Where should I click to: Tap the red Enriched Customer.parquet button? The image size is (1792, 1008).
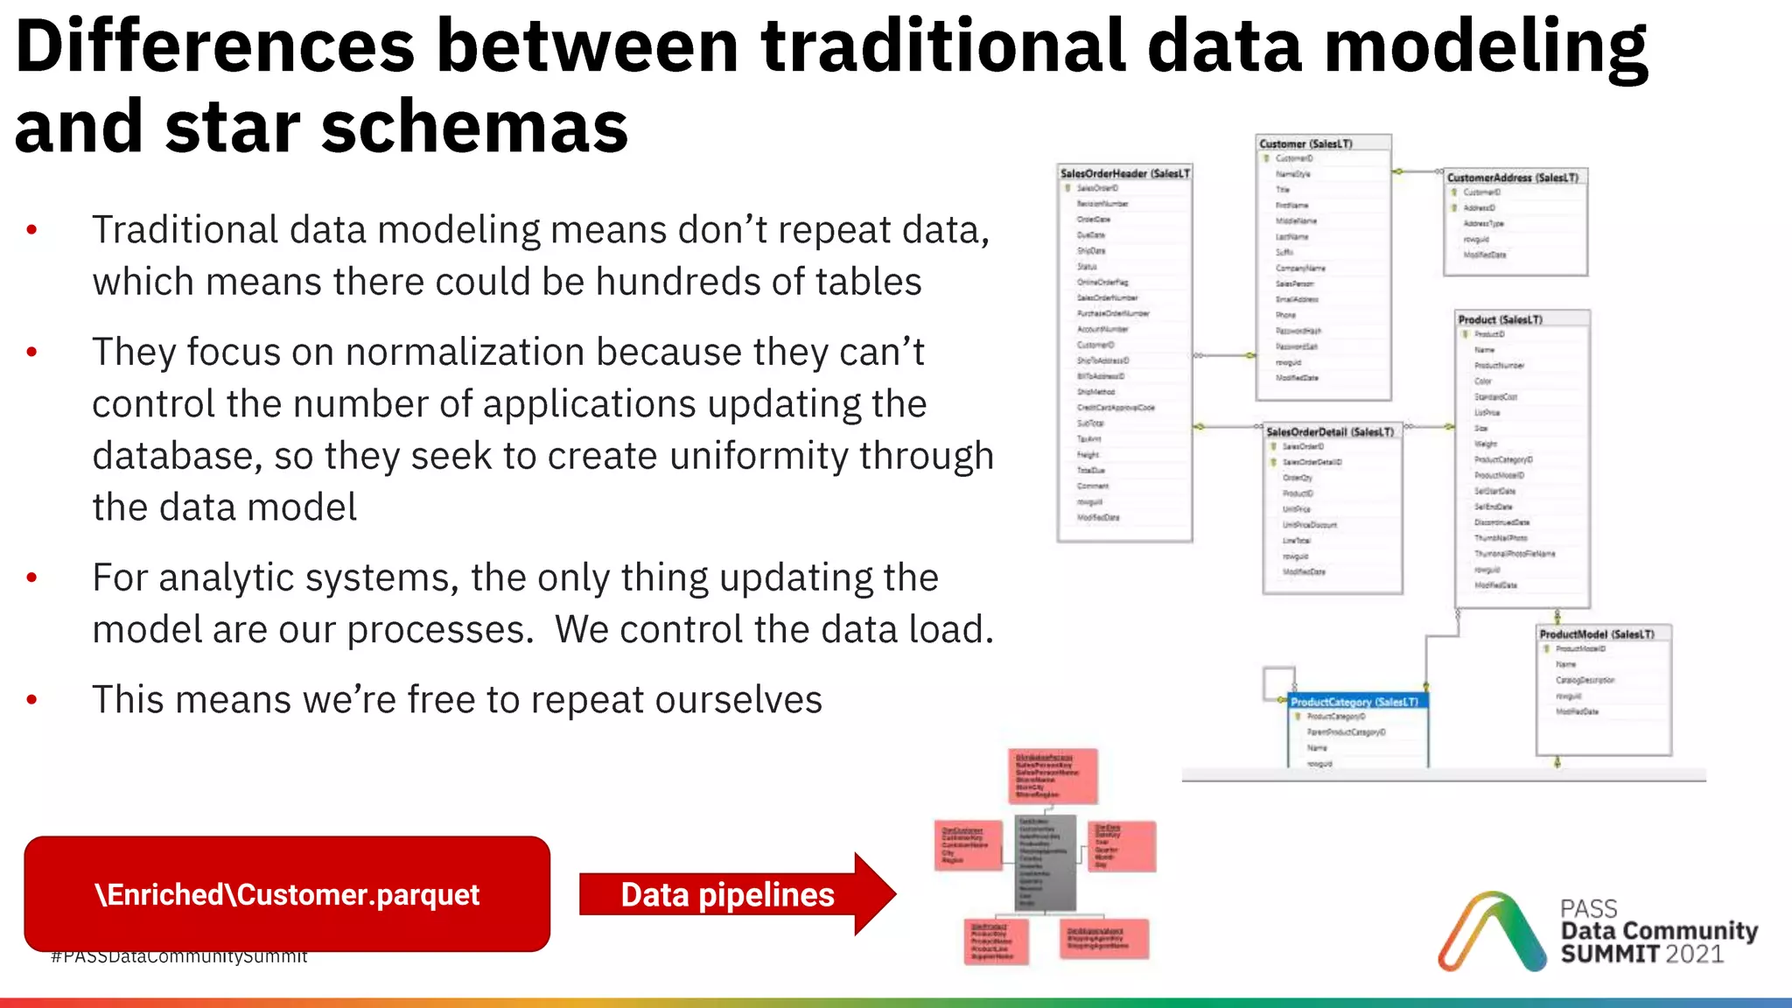pyautogui.click(x=287, y=893)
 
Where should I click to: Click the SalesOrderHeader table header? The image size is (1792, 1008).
pyautogui.click(x=1124, y=173)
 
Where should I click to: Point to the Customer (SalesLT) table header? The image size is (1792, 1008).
pyautogui.click(x=1305, y=143)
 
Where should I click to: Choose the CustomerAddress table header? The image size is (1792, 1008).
pyautogui.click(x=1513, y=177)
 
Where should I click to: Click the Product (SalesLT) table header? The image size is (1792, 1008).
pyautogui.click(x=1501, y=319)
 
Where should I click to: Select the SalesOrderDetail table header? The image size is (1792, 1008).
pyautogui.click(x=1330, y=431)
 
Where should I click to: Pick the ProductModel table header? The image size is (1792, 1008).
pyautogui.click(x=1597, y=633)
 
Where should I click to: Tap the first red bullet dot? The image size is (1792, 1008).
pyautogui.click(x=32, y=230)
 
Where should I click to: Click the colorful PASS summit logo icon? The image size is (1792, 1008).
pyautogui.click(x=1491, y=933)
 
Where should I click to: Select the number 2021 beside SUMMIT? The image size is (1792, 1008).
pyautogui.click(x=1694, y=954)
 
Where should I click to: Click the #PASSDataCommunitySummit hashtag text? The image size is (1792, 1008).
pyautogui.click(x=179, y=957)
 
